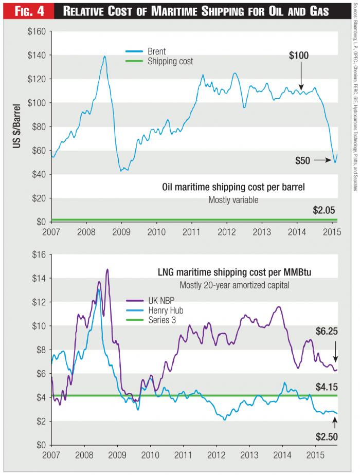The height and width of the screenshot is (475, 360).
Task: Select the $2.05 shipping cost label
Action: click(x=325, y=210)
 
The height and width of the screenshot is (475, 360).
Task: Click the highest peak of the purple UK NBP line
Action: click(x=107, y=269)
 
